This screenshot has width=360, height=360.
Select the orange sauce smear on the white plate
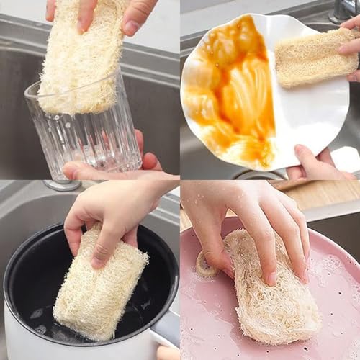[x=230, y=86]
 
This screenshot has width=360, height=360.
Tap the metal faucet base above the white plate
[x=343, y=10]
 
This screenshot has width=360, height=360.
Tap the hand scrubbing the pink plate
[x=252, y=216]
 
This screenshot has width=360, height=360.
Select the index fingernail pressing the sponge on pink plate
[x=271, y=277]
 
